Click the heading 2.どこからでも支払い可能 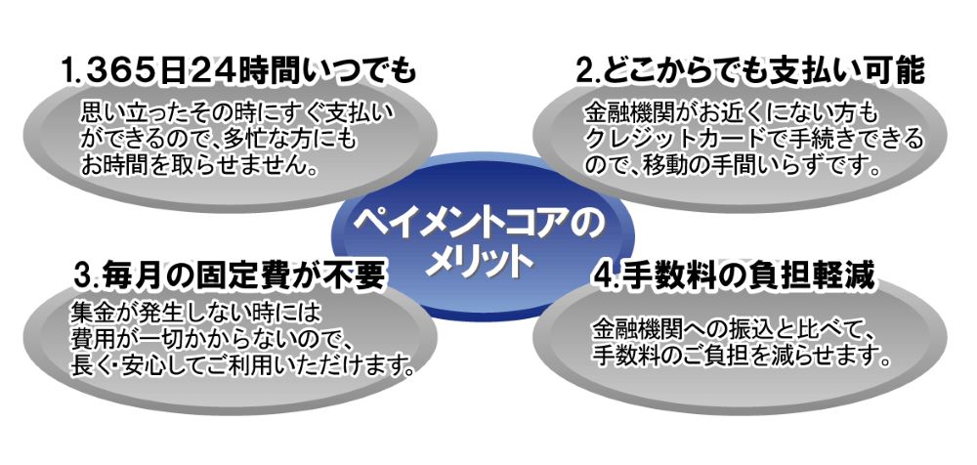(x=749, y=72)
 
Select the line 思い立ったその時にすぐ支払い (x=237, y=113)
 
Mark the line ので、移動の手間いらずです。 (x=733, y=167)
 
